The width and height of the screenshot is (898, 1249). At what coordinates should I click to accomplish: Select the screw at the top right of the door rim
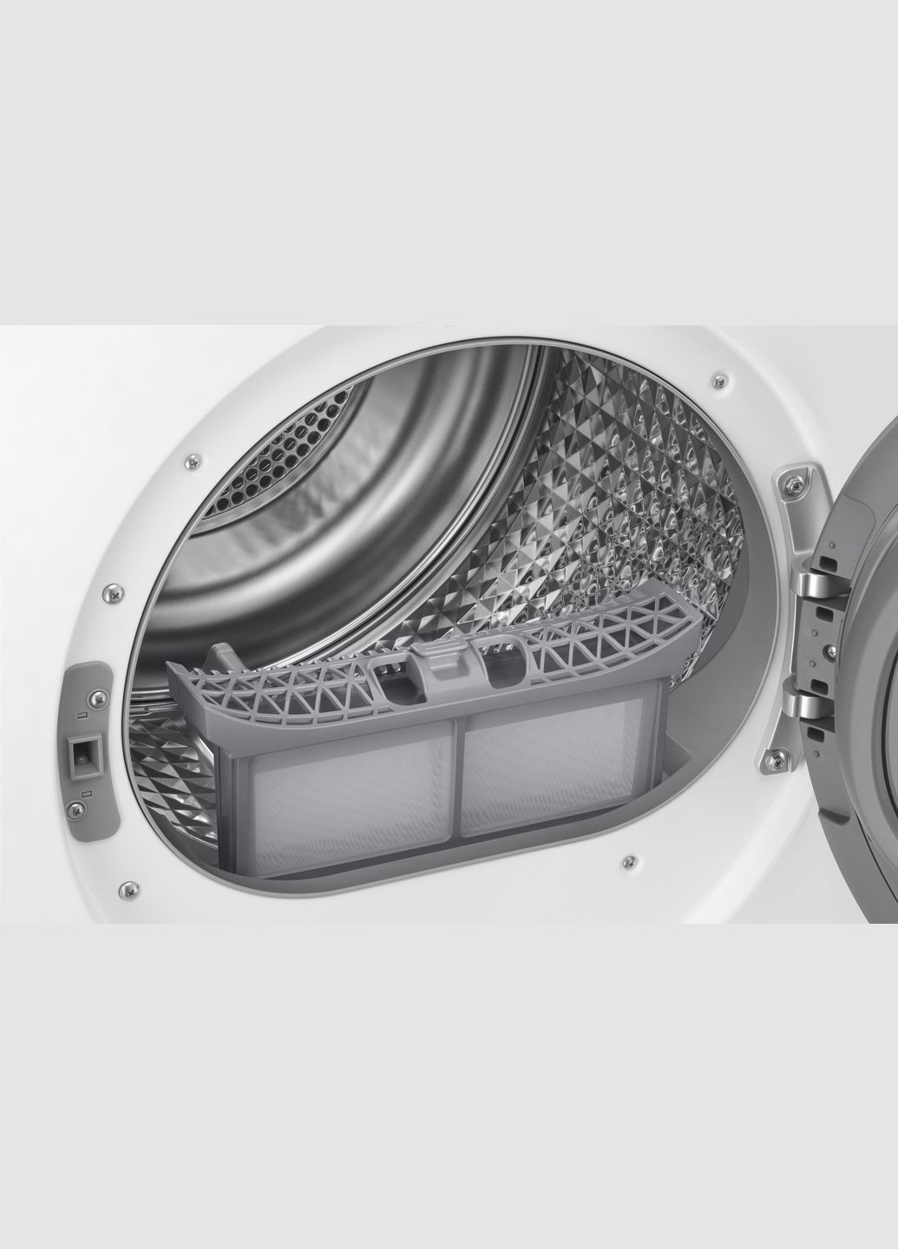(718, 378)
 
